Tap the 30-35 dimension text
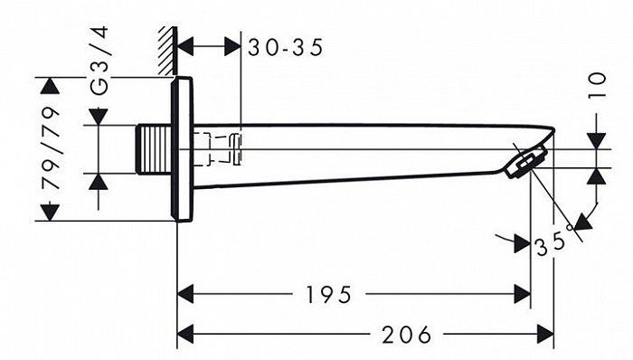(x=286, y=47)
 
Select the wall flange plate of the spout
(x=183, y=149)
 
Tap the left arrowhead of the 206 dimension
(x=185, y=334)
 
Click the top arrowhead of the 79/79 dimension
(x=51, y=87)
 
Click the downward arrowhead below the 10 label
(x=594, y=139)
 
